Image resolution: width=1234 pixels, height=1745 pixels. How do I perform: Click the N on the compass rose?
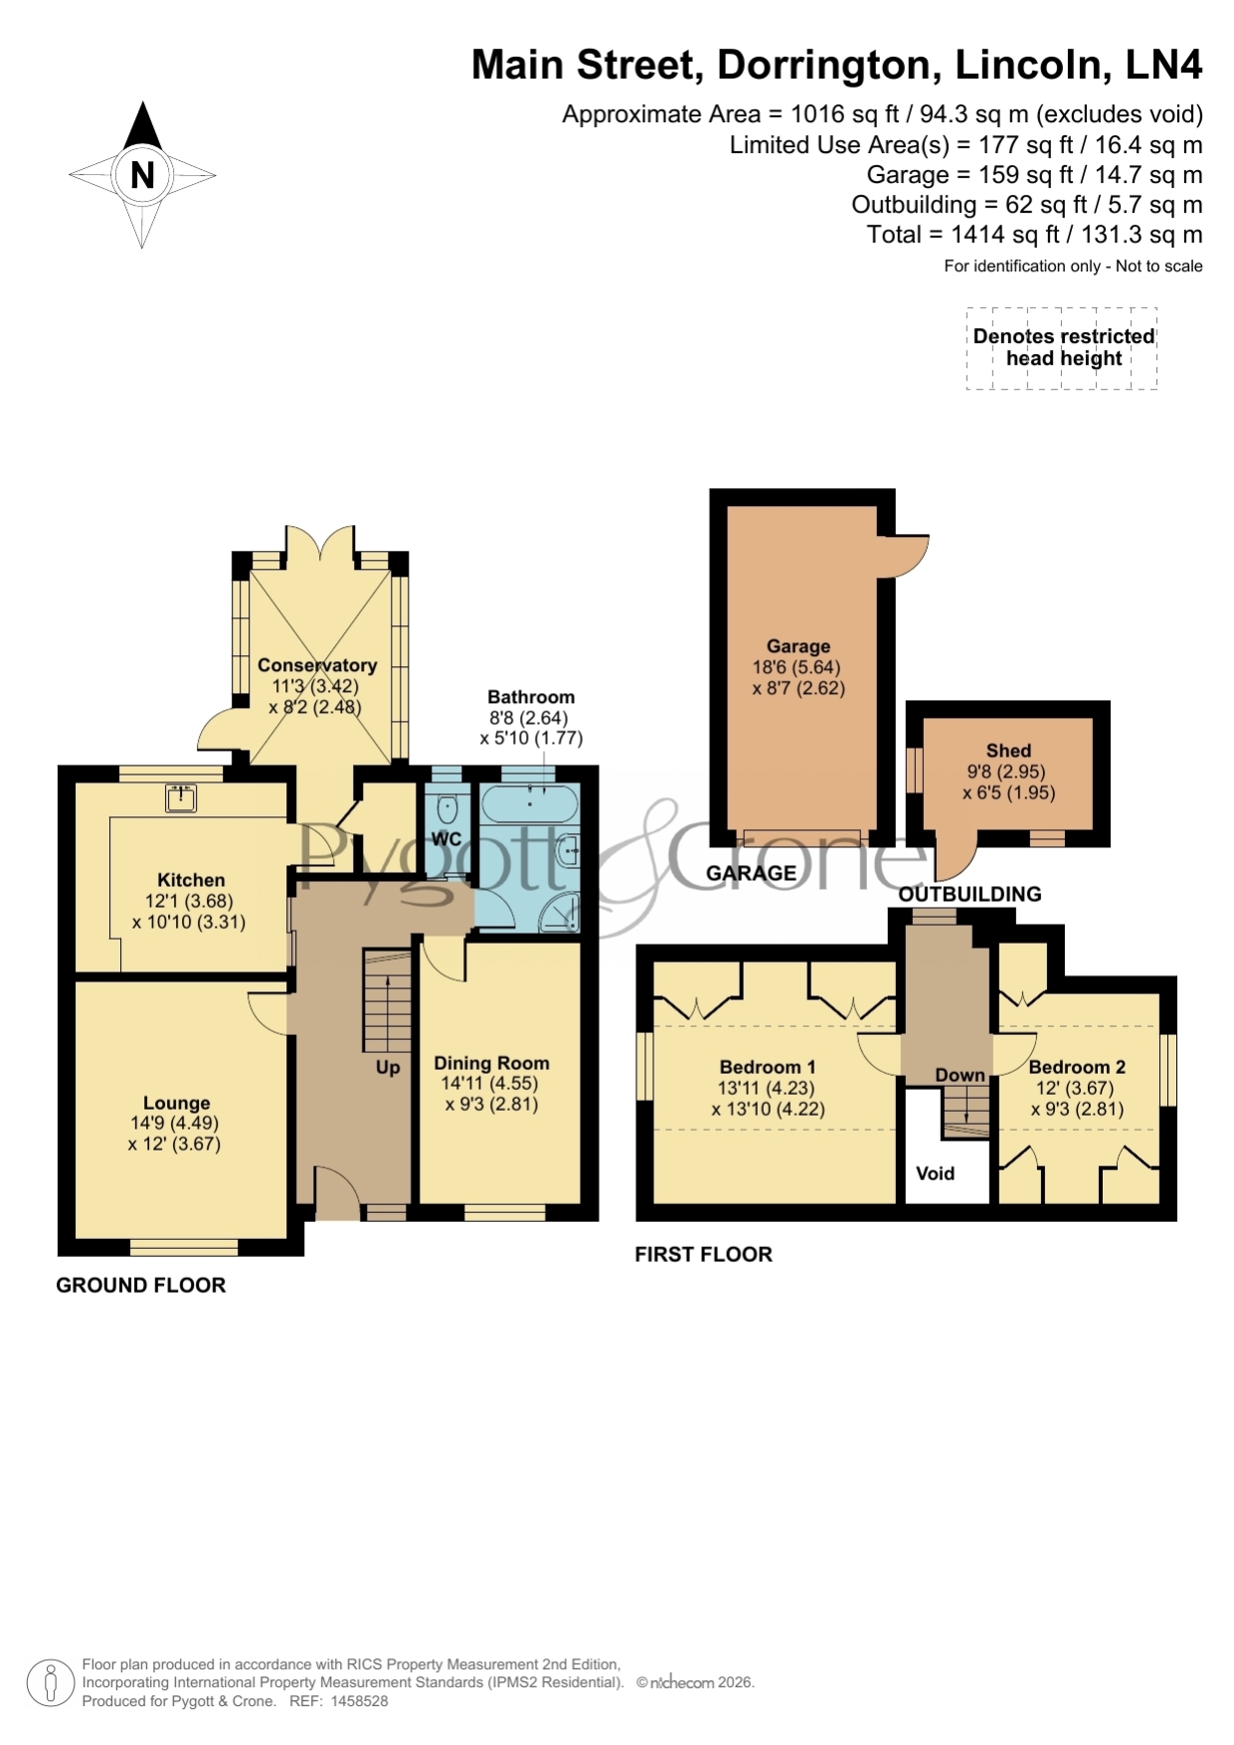(142, 175)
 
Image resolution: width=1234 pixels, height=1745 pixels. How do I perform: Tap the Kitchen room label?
(191, 880)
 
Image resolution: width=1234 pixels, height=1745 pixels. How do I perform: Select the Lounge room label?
(176, 1103)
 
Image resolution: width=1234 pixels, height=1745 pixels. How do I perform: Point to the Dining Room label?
(491, 1063)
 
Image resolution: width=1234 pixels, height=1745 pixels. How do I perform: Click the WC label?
(445, 839)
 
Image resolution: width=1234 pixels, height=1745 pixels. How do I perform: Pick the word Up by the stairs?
(388, 1067)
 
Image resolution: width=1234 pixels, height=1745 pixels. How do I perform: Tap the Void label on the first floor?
(935, 1173)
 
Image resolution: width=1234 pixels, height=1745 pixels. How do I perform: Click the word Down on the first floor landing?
(960, 1075)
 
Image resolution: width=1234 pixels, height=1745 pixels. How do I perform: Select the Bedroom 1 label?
(768, 1067)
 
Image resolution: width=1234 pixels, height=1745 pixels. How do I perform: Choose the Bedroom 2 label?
(1077, 1067)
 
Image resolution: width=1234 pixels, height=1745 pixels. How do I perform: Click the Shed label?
(1008, 751)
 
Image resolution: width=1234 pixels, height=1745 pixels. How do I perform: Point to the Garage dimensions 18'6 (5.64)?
(796, 667)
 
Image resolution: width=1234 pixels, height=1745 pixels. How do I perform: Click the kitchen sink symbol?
(181, 797)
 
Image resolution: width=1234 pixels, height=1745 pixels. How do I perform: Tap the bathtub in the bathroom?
(528, 802)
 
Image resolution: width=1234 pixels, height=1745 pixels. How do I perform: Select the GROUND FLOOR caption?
(141, 1285)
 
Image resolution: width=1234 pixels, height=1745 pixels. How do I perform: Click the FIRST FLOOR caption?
(704, 1254)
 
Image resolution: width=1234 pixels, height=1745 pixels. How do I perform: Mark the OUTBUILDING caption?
(970, 894)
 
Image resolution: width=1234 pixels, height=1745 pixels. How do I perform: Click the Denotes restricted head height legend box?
(1062, 348)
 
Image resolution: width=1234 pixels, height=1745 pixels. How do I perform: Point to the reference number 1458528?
(359, 1701)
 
